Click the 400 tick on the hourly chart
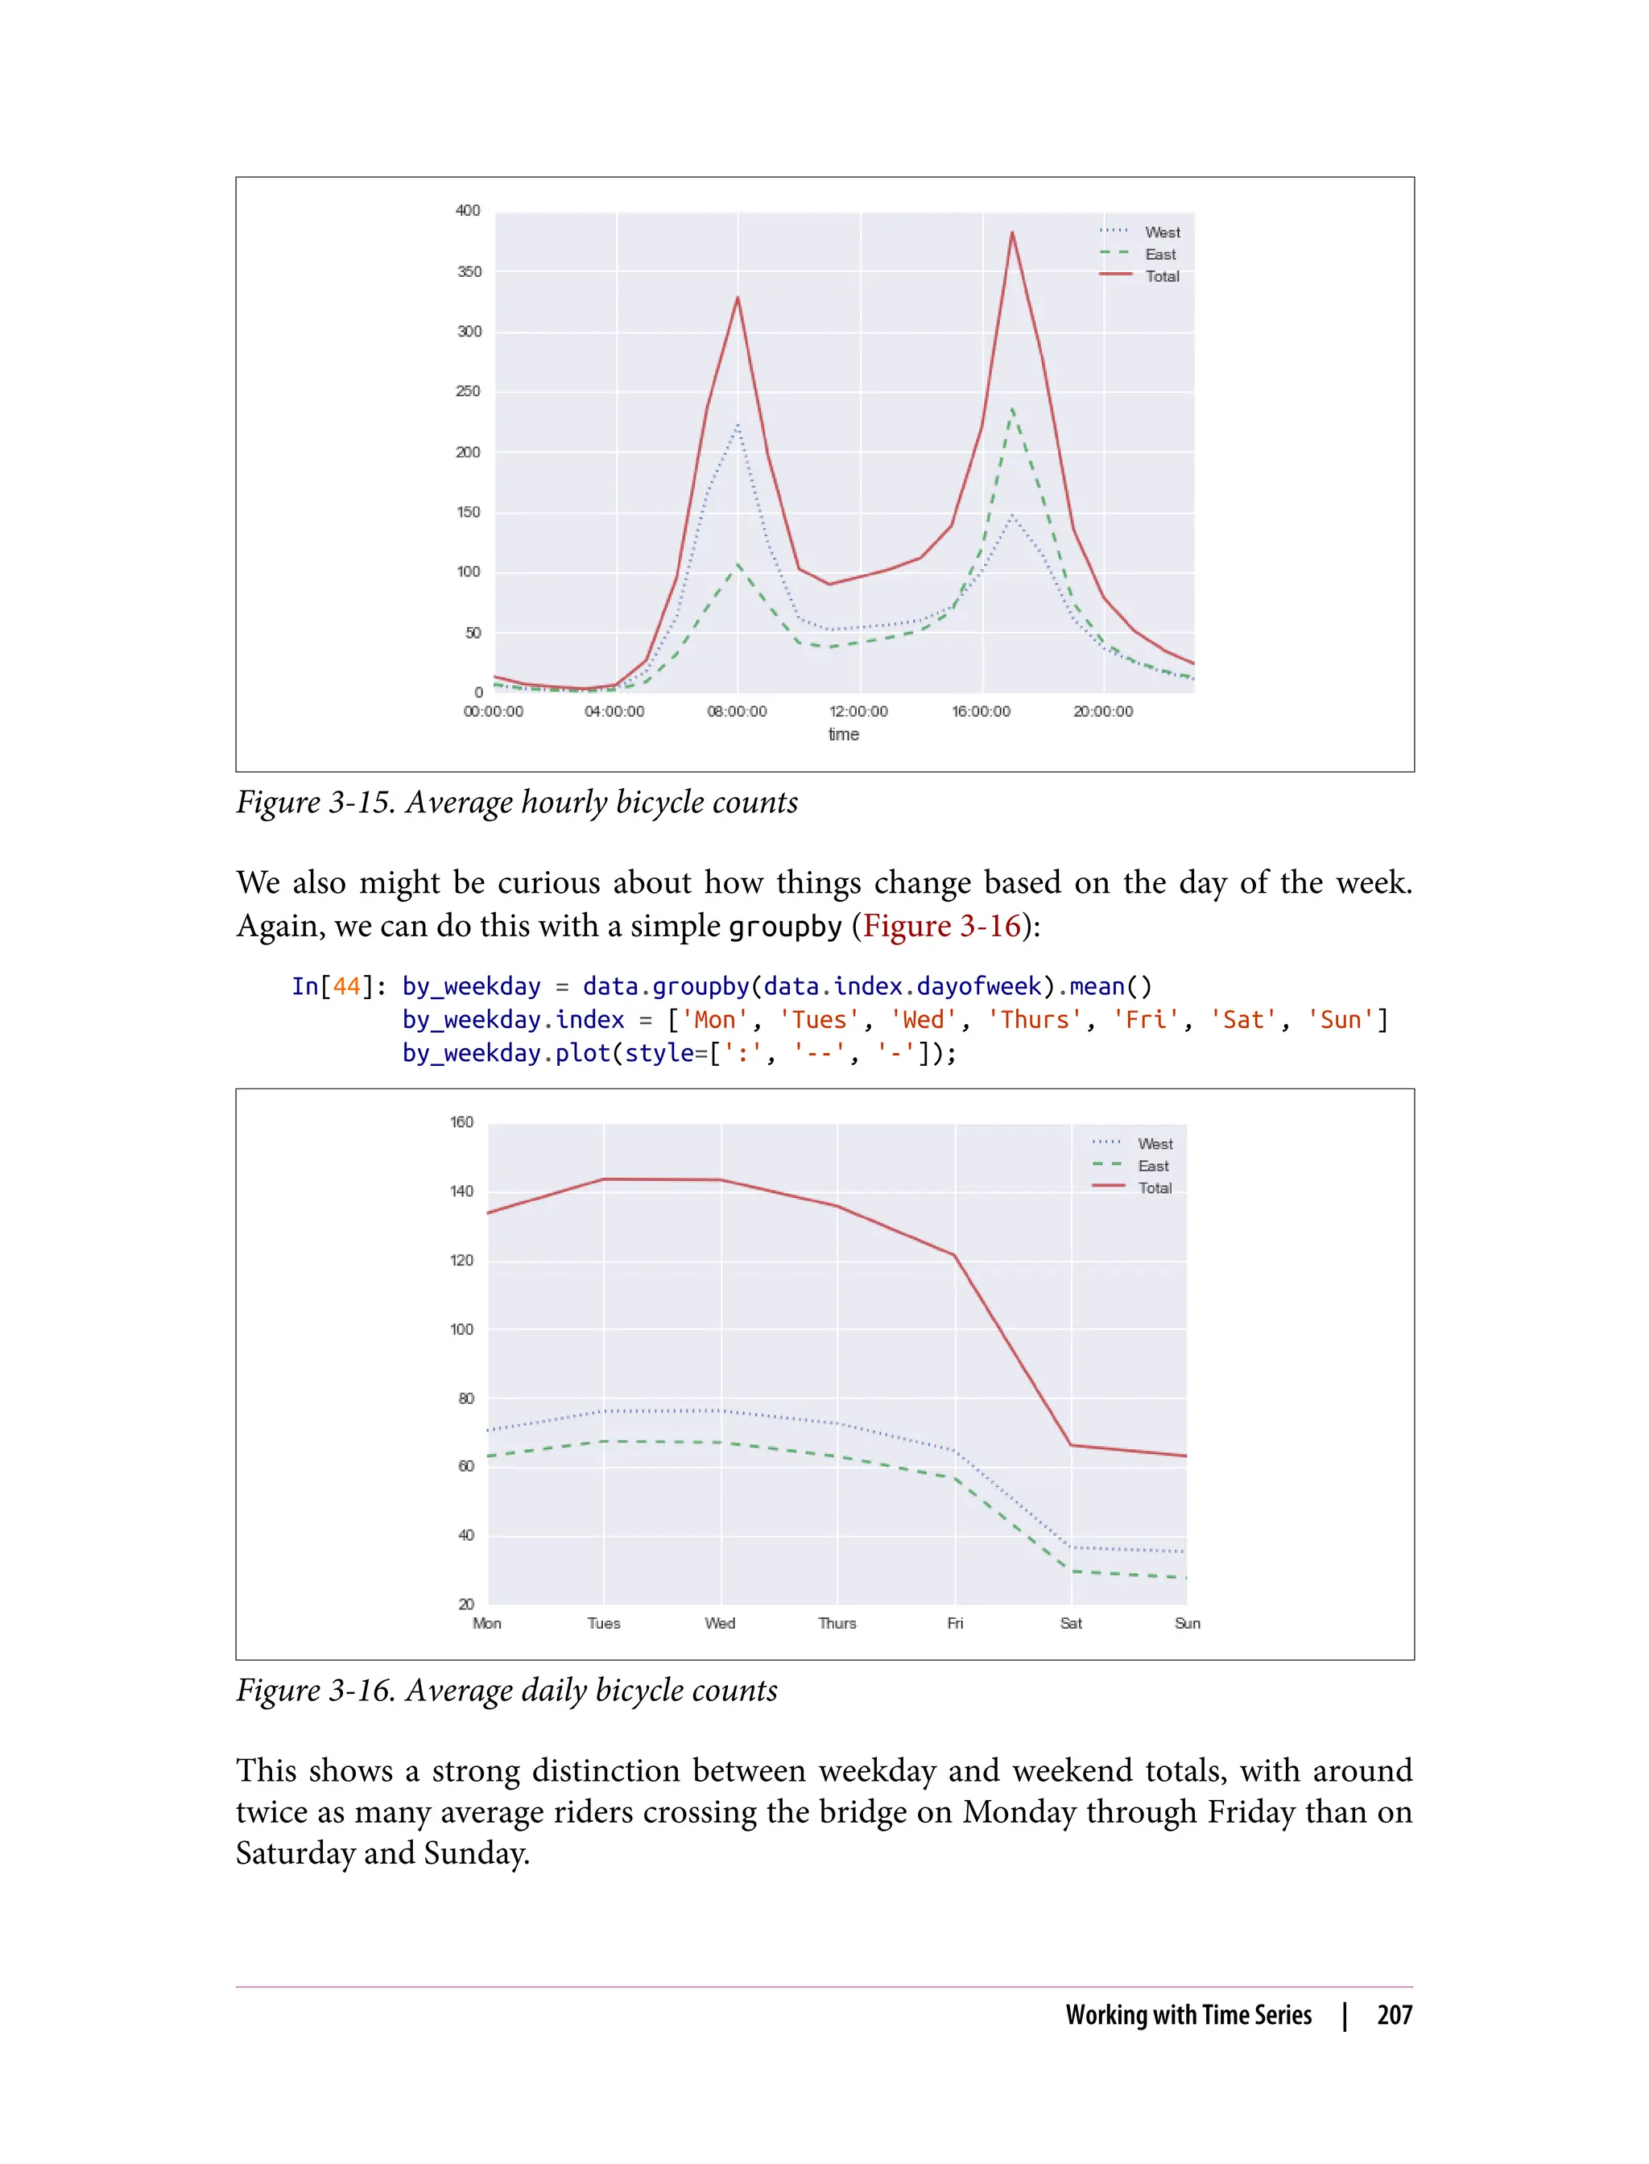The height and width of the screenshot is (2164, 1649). pos(467,211)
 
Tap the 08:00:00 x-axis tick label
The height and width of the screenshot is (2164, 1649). pos(736,712)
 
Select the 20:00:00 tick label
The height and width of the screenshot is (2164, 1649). pos(1102,712)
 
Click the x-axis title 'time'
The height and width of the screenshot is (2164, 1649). pos(843,734)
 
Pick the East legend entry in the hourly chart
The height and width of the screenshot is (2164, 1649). pos(1159,254)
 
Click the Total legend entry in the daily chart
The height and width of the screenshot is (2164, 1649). pos(1155,1187)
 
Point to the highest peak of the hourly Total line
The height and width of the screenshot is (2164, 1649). pos(1012,233)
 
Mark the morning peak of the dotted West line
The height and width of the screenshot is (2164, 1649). pos(738,425)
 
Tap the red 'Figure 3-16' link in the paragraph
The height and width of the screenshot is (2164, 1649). pos(941,927)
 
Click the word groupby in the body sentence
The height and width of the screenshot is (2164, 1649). pos(785,927)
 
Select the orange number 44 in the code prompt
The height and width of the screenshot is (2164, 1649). pos(346,986)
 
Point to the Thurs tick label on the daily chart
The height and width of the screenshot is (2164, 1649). pos(837,1623)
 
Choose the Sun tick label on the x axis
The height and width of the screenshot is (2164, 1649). pos(1187,1623)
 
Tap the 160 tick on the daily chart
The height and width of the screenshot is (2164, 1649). pos(461,1121)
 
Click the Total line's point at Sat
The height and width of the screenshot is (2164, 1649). pos(1071,1444)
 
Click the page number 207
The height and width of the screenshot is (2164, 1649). pos(1394,2015)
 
